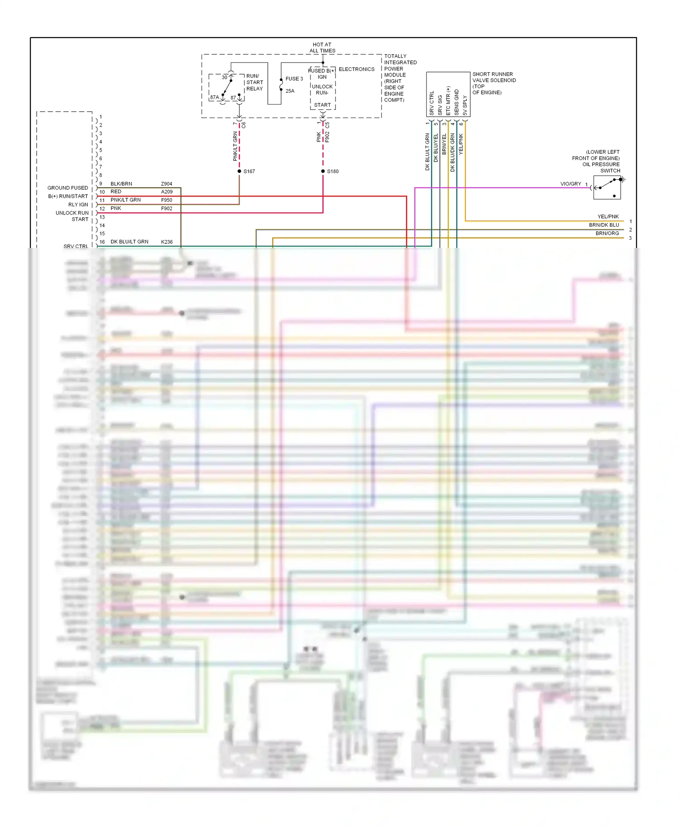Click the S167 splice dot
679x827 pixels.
pos(239,171)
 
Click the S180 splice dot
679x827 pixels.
pos(323,171)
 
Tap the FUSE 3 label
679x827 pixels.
pos(294,79)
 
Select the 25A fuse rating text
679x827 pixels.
pos(290,91)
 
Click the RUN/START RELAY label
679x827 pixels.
pos(254,82)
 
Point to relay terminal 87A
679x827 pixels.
pos(215,97)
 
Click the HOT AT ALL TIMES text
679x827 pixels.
pos(322,48)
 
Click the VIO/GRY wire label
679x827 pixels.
pos(570,184)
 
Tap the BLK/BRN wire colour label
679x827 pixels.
pos(121,184)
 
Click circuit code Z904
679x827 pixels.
pos(167,184)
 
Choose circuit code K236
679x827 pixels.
pos(167,242)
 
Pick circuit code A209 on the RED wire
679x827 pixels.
pos(167,192)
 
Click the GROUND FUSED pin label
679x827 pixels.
pos(68,188)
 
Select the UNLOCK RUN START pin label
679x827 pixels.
pos(72,216)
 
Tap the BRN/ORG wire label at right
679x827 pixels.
pos(607,233)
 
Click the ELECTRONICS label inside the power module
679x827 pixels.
pos(357,69)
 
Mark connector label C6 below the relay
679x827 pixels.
pos(244,125)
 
